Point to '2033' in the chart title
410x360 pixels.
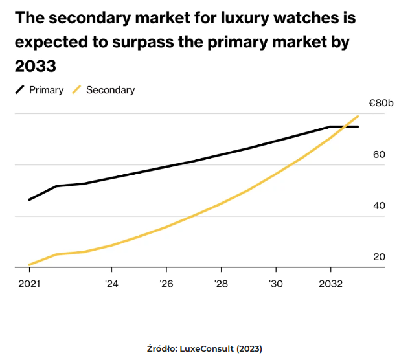coord(36,66)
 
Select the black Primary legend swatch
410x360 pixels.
coord(20,90)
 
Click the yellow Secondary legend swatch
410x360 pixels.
coord(77,90)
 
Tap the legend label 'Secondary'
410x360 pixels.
coord(110,90)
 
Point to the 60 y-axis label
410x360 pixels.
coord(379,155)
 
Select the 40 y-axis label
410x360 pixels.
coord(379,206)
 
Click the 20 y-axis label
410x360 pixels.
coord(379,257)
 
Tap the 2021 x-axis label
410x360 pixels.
coord(29,283)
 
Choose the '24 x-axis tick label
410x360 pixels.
coord(111,283)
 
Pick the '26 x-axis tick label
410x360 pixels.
coord(166,283)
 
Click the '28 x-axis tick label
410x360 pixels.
coord(221,283)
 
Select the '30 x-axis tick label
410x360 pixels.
coord(276,283)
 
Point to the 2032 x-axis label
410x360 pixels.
coord(330,283)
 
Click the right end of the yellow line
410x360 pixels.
coord(358,117)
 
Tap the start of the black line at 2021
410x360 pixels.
coord(29,199)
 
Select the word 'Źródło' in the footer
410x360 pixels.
coord(162,349)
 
